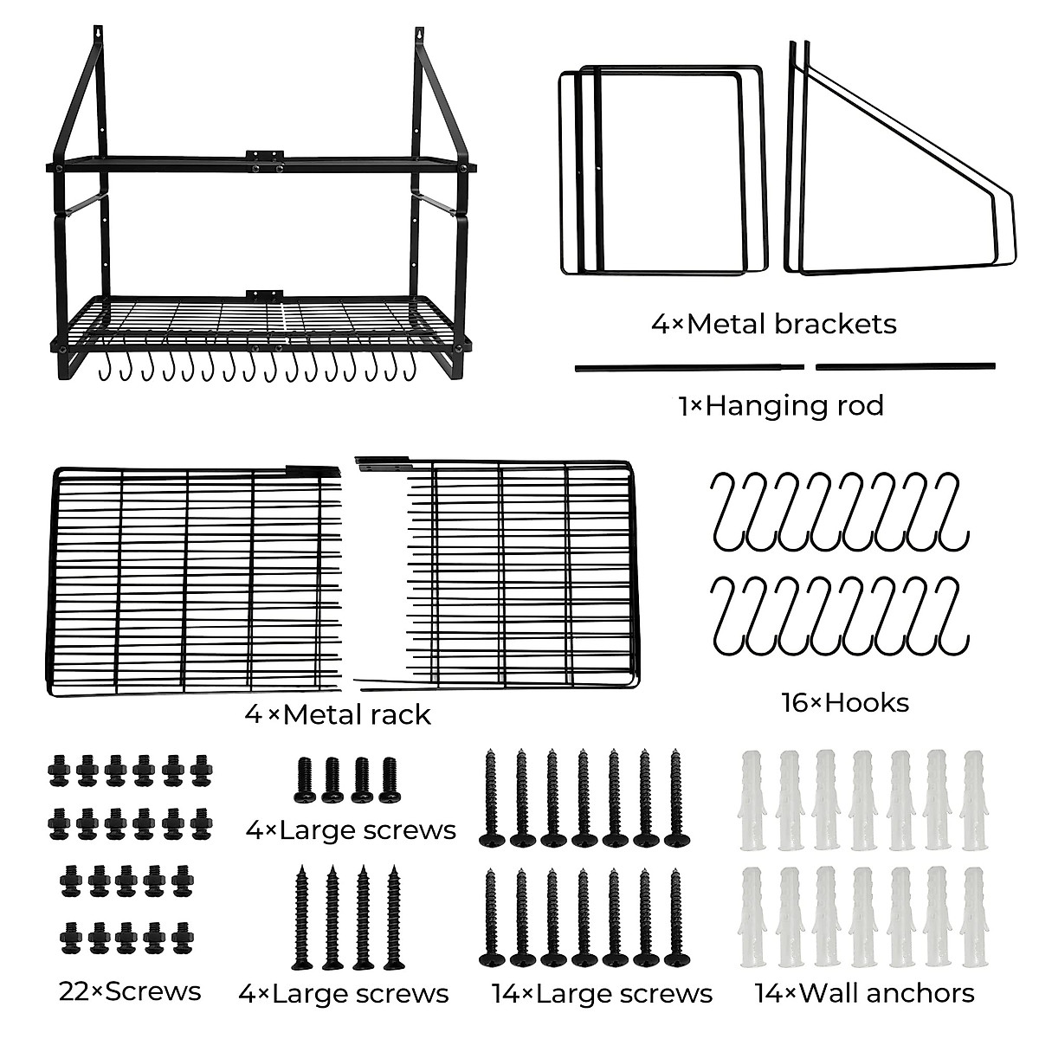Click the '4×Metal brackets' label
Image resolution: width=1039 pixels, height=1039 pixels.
773,324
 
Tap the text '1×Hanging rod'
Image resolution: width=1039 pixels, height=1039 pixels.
781,405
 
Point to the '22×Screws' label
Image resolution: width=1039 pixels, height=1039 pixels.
131,991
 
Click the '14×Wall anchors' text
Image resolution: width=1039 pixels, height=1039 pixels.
864,992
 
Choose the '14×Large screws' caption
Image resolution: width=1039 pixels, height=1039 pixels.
602,993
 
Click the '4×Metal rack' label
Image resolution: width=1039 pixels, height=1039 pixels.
338,714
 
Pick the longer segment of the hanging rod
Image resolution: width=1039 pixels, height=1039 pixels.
689,367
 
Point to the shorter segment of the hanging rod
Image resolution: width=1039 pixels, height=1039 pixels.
906,366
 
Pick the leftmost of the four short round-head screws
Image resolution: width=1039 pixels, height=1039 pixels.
305,779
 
